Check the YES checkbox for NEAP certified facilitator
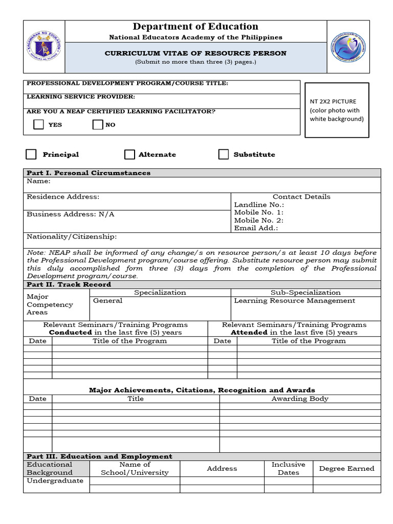pos(38,124)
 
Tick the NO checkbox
pos(98,124)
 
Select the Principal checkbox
pos(32,155)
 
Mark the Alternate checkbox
pos(130,155)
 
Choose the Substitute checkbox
pos(224,155)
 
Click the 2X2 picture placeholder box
pos(337,110)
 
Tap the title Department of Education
pos(195,27)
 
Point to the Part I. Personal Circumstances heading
pos(89,173)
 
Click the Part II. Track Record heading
pos(69,285)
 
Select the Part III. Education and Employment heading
pos(99,456)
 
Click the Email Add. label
pos(256,228)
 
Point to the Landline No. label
pos(258,205)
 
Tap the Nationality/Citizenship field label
pos(72,237)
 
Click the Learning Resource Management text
pos(294,301)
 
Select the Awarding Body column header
pos(300,399)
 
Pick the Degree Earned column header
pos(346,469)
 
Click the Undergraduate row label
pos(55,481)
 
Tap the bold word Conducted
pos(71,333)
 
